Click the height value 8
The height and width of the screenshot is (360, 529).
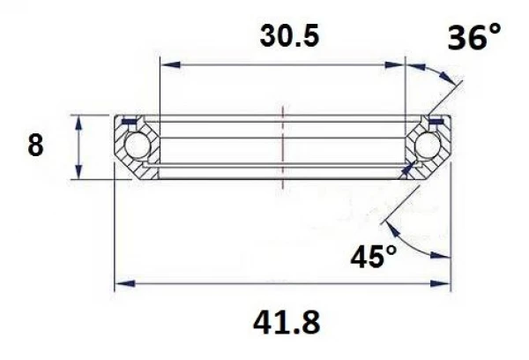35,146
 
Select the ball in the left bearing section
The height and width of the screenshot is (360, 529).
137,146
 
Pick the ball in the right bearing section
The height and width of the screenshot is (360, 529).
428,146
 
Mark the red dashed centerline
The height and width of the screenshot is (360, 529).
282,146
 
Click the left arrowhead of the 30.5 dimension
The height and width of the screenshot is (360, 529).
166,64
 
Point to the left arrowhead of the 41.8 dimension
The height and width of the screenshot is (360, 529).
124,284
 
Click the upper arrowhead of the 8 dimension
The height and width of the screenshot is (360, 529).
80,121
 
